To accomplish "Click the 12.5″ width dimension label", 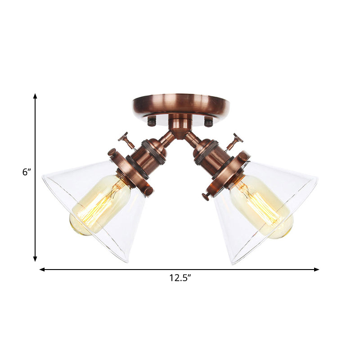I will pos(180,278).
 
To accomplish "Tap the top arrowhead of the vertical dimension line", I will pos(35,96).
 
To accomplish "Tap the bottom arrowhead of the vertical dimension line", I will pos(35,259).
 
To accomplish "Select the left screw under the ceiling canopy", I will pos(152,121).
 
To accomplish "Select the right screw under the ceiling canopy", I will pos(208,121).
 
